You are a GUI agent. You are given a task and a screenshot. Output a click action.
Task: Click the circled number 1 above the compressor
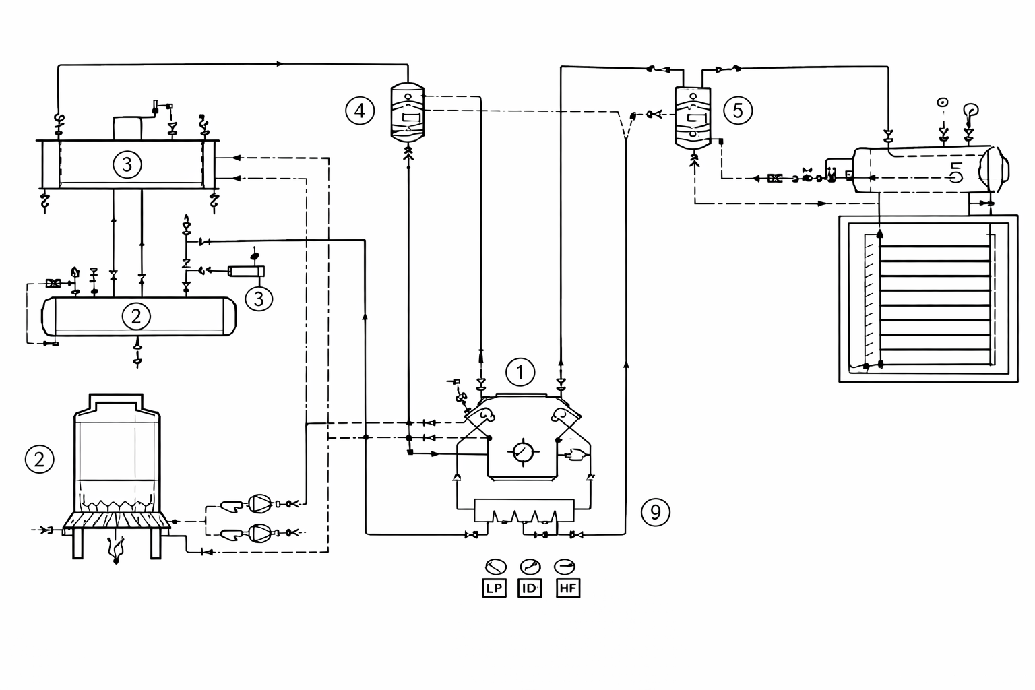[520, 371]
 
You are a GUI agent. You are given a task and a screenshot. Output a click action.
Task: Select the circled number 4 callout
[359, 109]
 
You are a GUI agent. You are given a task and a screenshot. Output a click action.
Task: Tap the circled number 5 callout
[737, 109]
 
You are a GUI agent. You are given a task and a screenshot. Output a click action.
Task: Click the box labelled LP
[494, 588]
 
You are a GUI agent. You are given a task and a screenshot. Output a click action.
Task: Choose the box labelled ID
[530, 588]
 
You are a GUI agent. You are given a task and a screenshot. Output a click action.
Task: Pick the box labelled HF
[568, 588]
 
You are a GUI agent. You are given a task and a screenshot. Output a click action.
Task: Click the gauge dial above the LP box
[495, 566]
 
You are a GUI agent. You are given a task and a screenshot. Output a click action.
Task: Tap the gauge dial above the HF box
[565, 566]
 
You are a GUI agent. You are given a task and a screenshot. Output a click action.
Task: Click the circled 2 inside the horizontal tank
[136, 315]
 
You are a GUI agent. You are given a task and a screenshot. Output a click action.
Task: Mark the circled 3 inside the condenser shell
[127, 163]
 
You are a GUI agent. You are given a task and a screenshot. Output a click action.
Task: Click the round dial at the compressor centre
[522, 451]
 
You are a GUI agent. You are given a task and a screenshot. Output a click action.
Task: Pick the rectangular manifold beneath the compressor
[524, 510]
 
